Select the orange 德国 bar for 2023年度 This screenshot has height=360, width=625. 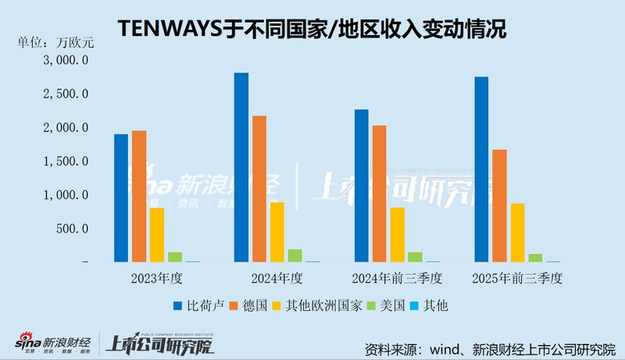[139, 196]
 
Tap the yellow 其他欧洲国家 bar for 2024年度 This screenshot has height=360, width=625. [277, 232]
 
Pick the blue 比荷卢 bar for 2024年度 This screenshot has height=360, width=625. [241, 167]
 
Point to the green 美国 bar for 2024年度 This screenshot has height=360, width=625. [295, 255]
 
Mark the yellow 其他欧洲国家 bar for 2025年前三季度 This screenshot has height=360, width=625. [517, 233]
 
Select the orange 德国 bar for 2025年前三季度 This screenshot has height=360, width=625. [499, 205]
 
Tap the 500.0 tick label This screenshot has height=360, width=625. [73, 229]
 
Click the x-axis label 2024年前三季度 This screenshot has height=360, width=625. [397, 278]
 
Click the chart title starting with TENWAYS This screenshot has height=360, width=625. [312, 30]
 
